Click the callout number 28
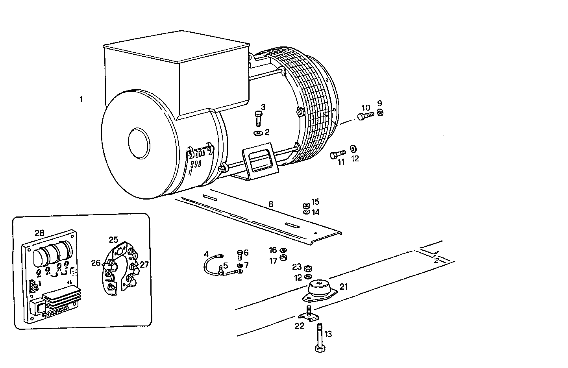click(x=39, y=233)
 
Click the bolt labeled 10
click(x=366, y=116)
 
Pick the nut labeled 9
click(x=380, y=113)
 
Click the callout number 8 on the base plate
click(x=270, y=204)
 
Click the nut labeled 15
click(x=305, y=205)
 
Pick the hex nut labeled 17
click(x=283, y=258)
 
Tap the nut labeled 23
click(x=309, y=268)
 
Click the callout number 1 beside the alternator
click(x=81, y=99)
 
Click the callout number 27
click(x=144, y=264)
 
